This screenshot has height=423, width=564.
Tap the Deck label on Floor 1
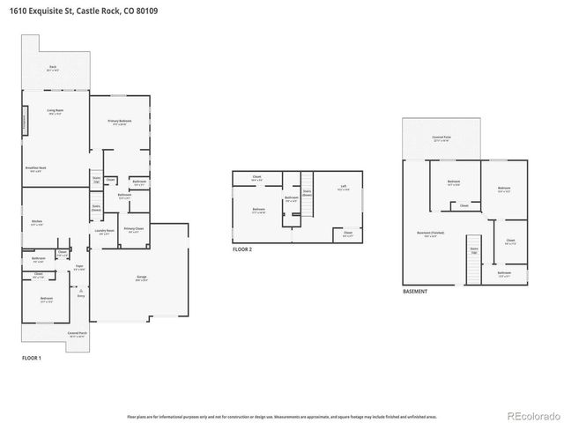53,68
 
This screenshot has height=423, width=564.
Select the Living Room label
54,112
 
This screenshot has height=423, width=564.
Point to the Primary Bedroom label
119,122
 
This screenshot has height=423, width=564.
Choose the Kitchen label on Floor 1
37,222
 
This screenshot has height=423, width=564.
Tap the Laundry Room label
103,233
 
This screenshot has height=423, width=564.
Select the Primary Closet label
133,230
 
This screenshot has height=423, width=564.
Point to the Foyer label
78,266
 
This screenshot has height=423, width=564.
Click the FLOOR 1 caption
32,358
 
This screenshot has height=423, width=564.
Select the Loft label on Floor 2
344,187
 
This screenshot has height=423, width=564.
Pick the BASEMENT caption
416,291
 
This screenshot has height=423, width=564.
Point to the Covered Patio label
442,138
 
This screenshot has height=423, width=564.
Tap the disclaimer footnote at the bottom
281,416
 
